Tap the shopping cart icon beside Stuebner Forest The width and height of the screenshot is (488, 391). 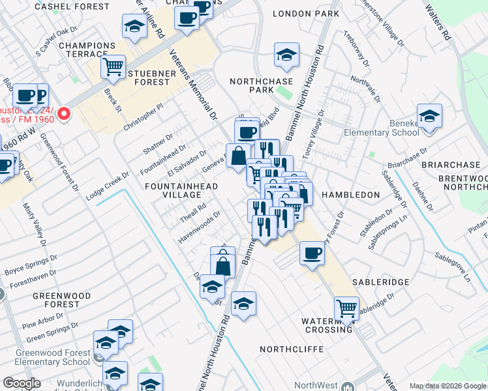click(114, 66)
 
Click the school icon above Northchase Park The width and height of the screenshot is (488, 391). click(286, 56)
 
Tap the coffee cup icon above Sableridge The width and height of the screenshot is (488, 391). click(312, 253)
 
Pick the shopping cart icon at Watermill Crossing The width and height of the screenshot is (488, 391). click(346, 309)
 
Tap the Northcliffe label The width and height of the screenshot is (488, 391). click(292, 349)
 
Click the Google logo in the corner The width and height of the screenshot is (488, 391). click(22, 383)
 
